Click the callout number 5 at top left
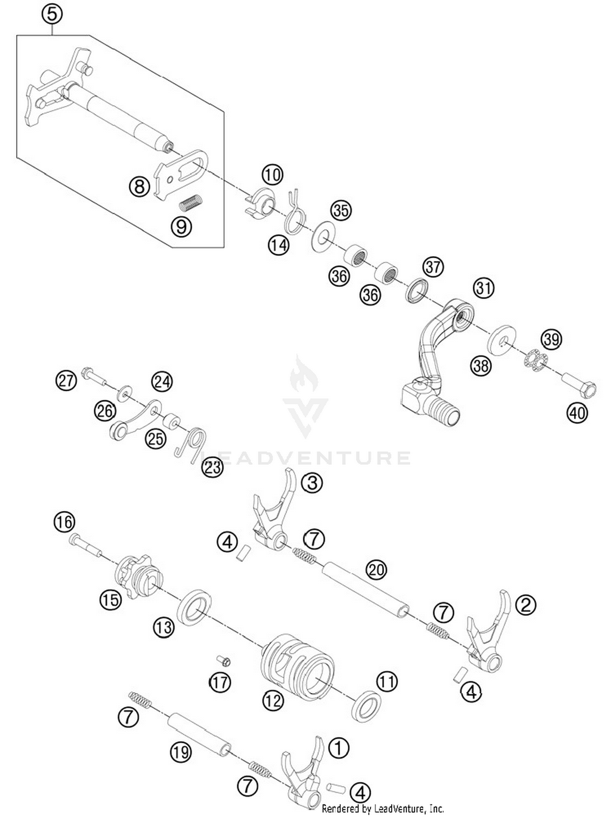point(52,14)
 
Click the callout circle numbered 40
point(577,413)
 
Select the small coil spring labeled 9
point(191,202)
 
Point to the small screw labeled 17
point(224,660)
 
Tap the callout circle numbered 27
point(66,380)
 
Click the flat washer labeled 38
point(502,339)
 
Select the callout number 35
point(341,211)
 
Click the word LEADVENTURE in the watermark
point(305,458)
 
